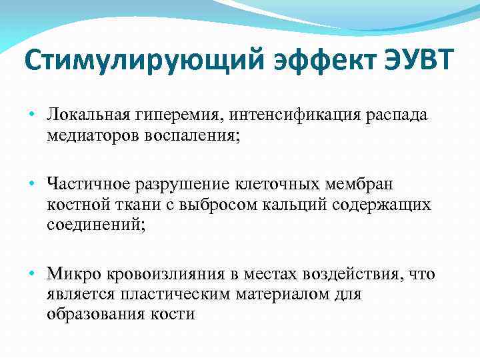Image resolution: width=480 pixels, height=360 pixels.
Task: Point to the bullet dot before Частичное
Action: (x=33, y=181)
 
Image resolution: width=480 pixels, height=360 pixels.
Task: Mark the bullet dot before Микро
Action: (x=33, y=273)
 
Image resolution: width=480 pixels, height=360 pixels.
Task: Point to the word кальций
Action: (x=297, y=205)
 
